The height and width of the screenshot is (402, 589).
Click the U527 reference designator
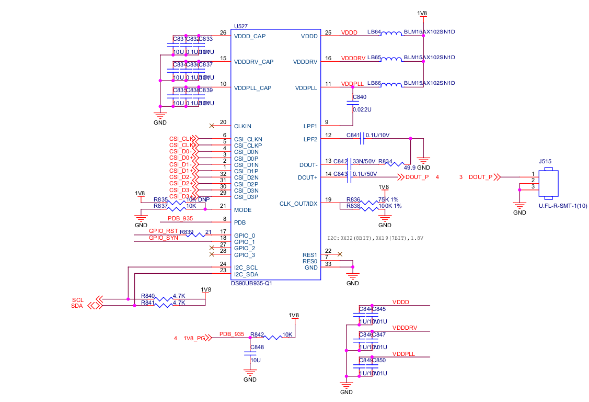(241, 26)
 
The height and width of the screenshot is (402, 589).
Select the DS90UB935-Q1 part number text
(251, 283)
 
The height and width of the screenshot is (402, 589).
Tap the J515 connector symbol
(548, 184)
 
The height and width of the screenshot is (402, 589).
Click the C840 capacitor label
(360, 97)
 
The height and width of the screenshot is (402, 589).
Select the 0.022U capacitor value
(362, 109)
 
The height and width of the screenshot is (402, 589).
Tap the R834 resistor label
(385, 161)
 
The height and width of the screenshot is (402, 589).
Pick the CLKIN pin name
(242, 126)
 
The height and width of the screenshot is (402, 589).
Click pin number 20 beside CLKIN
(223, 122)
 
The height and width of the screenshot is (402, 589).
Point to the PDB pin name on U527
(240, 222)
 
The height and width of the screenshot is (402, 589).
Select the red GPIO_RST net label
(163, 231)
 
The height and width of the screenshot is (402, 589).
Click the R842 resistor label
(257, 334)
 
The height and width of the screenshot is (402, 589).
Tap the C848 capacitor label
(257, 347)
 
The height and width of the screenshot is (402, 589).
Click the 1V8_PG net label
(194, 338)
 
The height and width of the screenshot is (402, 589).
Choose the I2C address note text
(375, 238)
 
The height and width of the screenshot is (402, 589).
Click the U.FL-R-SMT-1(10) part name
(563, 206)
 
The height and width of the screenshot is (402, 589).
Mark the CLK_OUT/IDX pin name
(298, 204)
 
